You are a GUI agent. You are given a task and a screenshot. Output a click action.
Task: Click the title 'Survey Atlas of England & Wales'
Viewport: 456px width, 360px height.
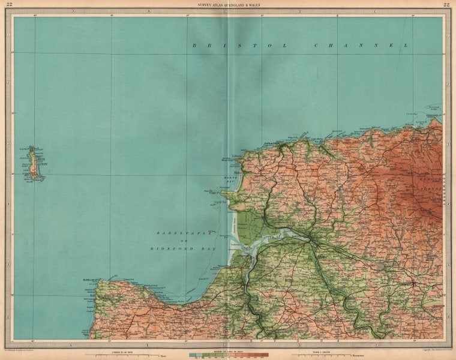228,5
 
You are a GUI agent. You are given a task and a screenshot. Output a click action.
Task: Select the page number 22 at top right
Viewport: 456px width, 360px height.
446,5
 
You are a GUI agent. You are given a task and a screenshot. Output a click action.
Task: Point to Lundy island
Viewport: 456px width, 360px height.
34,163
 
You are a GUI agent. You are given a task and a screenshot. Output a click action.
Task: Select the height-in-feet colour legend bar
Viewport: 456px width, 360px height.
228,354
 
